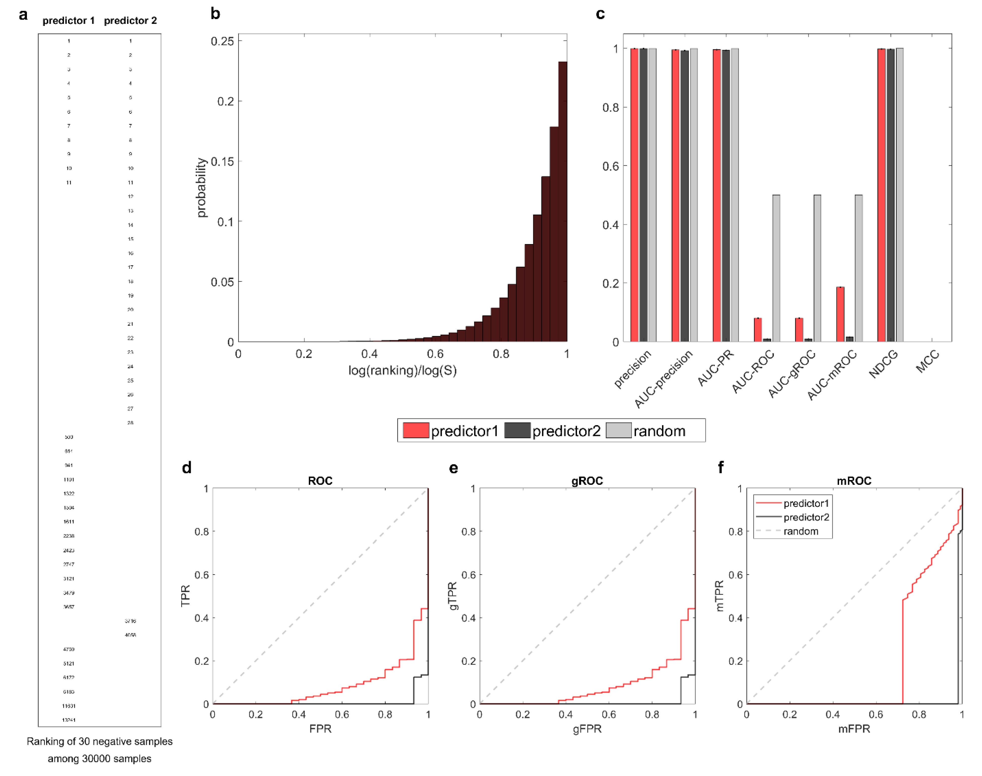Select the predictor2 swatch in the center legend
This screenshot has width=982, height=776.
click(517, 430)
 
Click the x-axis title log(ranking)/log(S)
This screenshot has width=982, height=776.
click(402, 371)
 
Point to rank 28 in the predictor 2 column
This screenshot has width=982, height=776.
click(130, 422)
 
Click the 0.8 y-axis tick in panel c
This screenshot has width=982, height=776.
click(610, 108)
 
